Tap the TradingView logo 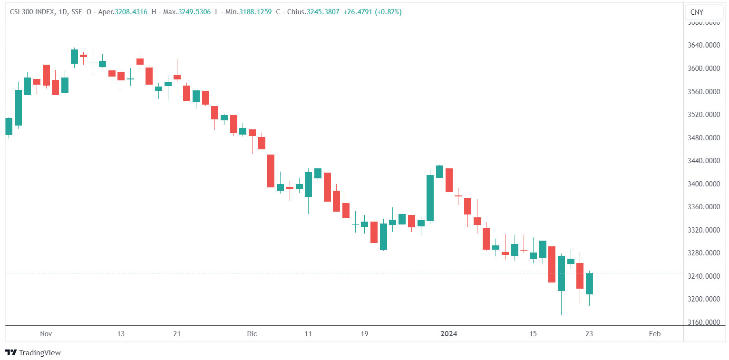(33, 352)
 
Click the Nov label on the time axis (46, 334)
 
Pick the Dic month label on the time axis (252, 334)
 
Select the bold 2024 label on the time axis (448, 334)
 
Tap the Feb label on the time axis (655, 334)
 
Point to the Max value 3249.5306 (194, 12)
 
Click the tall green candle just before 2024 (430, 198)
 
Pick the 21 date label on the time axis (177, 334)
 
